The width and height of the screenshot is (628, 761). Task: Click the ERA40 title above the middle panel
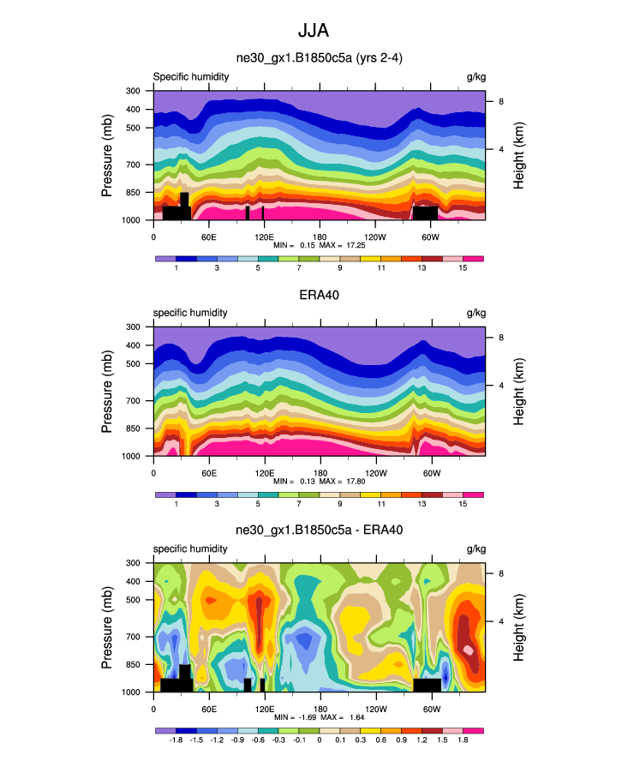[319, 295]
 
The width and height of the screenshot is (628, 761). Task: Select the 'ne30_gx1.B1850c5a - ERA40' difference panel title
[319, 530]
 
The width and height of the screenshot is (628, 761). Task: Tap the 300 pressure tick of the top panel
[134, 91]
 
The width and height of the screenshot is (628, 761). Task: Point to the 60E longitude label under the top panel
[208, 237]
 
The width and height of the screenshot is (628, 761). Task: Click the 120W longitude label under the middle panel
[374, 473]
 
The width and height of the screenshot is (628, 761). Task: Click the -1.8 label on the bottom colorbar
[176, 740]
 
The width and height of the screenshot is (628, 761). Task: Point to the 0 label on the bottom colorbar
[320, 740]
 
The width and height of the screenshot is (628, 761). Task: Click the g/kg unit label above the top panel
[475, 77]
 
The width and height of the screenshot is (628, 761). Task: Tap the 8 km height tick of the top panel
[500, 102]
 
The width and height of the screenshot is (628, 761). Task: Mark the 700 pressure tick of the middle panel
[134, 400]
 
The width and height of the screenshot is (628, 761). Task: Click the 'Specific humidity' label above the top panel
[190, 77]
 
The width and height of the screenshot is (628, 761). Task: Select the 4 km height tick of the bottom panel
[500, 621]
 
